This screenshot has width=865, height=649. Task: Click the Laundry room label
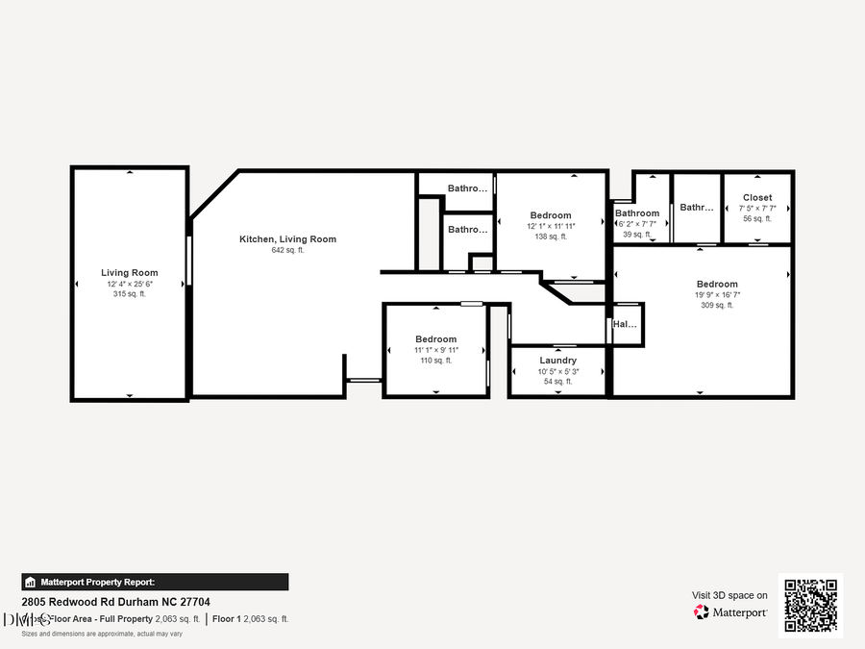[x=557, y=361]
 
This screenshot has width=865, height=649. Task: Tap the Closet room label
[x=756, y=198]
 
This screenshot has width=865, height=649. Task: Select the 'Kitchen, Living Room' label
[x=287, y=238]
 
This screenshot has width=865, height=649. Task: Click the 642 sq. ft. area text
[x=287, y=250]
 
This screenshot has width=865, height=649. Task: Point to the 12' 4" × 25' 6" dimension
[x=130, y=284]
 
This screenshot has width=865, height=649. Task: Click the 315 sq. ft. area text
[x=130, y=294]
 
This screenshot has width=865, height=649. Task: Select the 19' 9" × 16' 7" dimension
[x=717, y=294]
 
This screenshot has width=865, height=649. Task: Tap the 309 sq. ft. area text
[x=717, y=305]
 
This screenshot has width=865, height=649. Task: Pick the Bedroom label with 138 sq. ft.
[x=551, y=215]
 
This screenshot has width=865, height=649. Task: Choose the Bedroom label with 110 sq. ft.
[x=435, y=339]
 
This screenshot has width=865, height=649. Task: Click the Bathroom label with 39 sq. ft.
[x=637, y=213]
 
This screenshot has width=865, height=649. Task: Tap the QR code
[x=810, y=606]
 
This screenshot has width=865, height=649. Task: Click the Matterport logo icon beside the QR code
[x=702, y=612]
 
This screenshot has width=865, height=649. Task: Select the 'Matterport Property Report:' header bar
[x=155, y=582]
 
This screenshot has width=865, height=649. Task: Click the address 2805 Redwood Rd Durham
[x=115, y=602]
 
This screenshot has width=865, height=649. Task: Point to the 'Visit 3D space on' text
[x=729, y=595]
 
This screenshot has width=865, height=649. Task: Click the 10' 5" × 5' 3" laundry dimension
[x=557, y=371]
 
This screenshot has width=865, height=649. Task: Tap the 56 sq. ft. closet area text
[x=756, y=219]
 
